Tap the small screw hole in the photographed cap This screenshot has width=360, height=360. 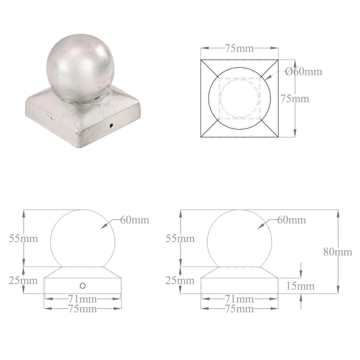coord(111,125)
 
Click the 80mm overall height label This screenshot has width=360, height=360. coord(338,251)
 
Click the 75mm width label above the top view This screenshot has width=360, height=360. coord(239,48)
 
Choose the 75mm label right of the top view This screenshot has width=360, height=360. coord(295,98)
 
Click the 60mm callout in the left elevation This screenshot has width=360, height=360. coord(135,220)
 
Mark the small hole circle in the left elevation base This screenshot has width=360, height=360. coord(82,285)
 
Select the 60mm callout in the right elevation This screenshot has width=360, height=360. coord(291,220)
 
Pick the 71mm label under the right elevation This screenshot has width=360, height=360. coord(239,298)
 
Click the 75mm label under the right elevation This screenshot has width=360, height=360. coord(239,309)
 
